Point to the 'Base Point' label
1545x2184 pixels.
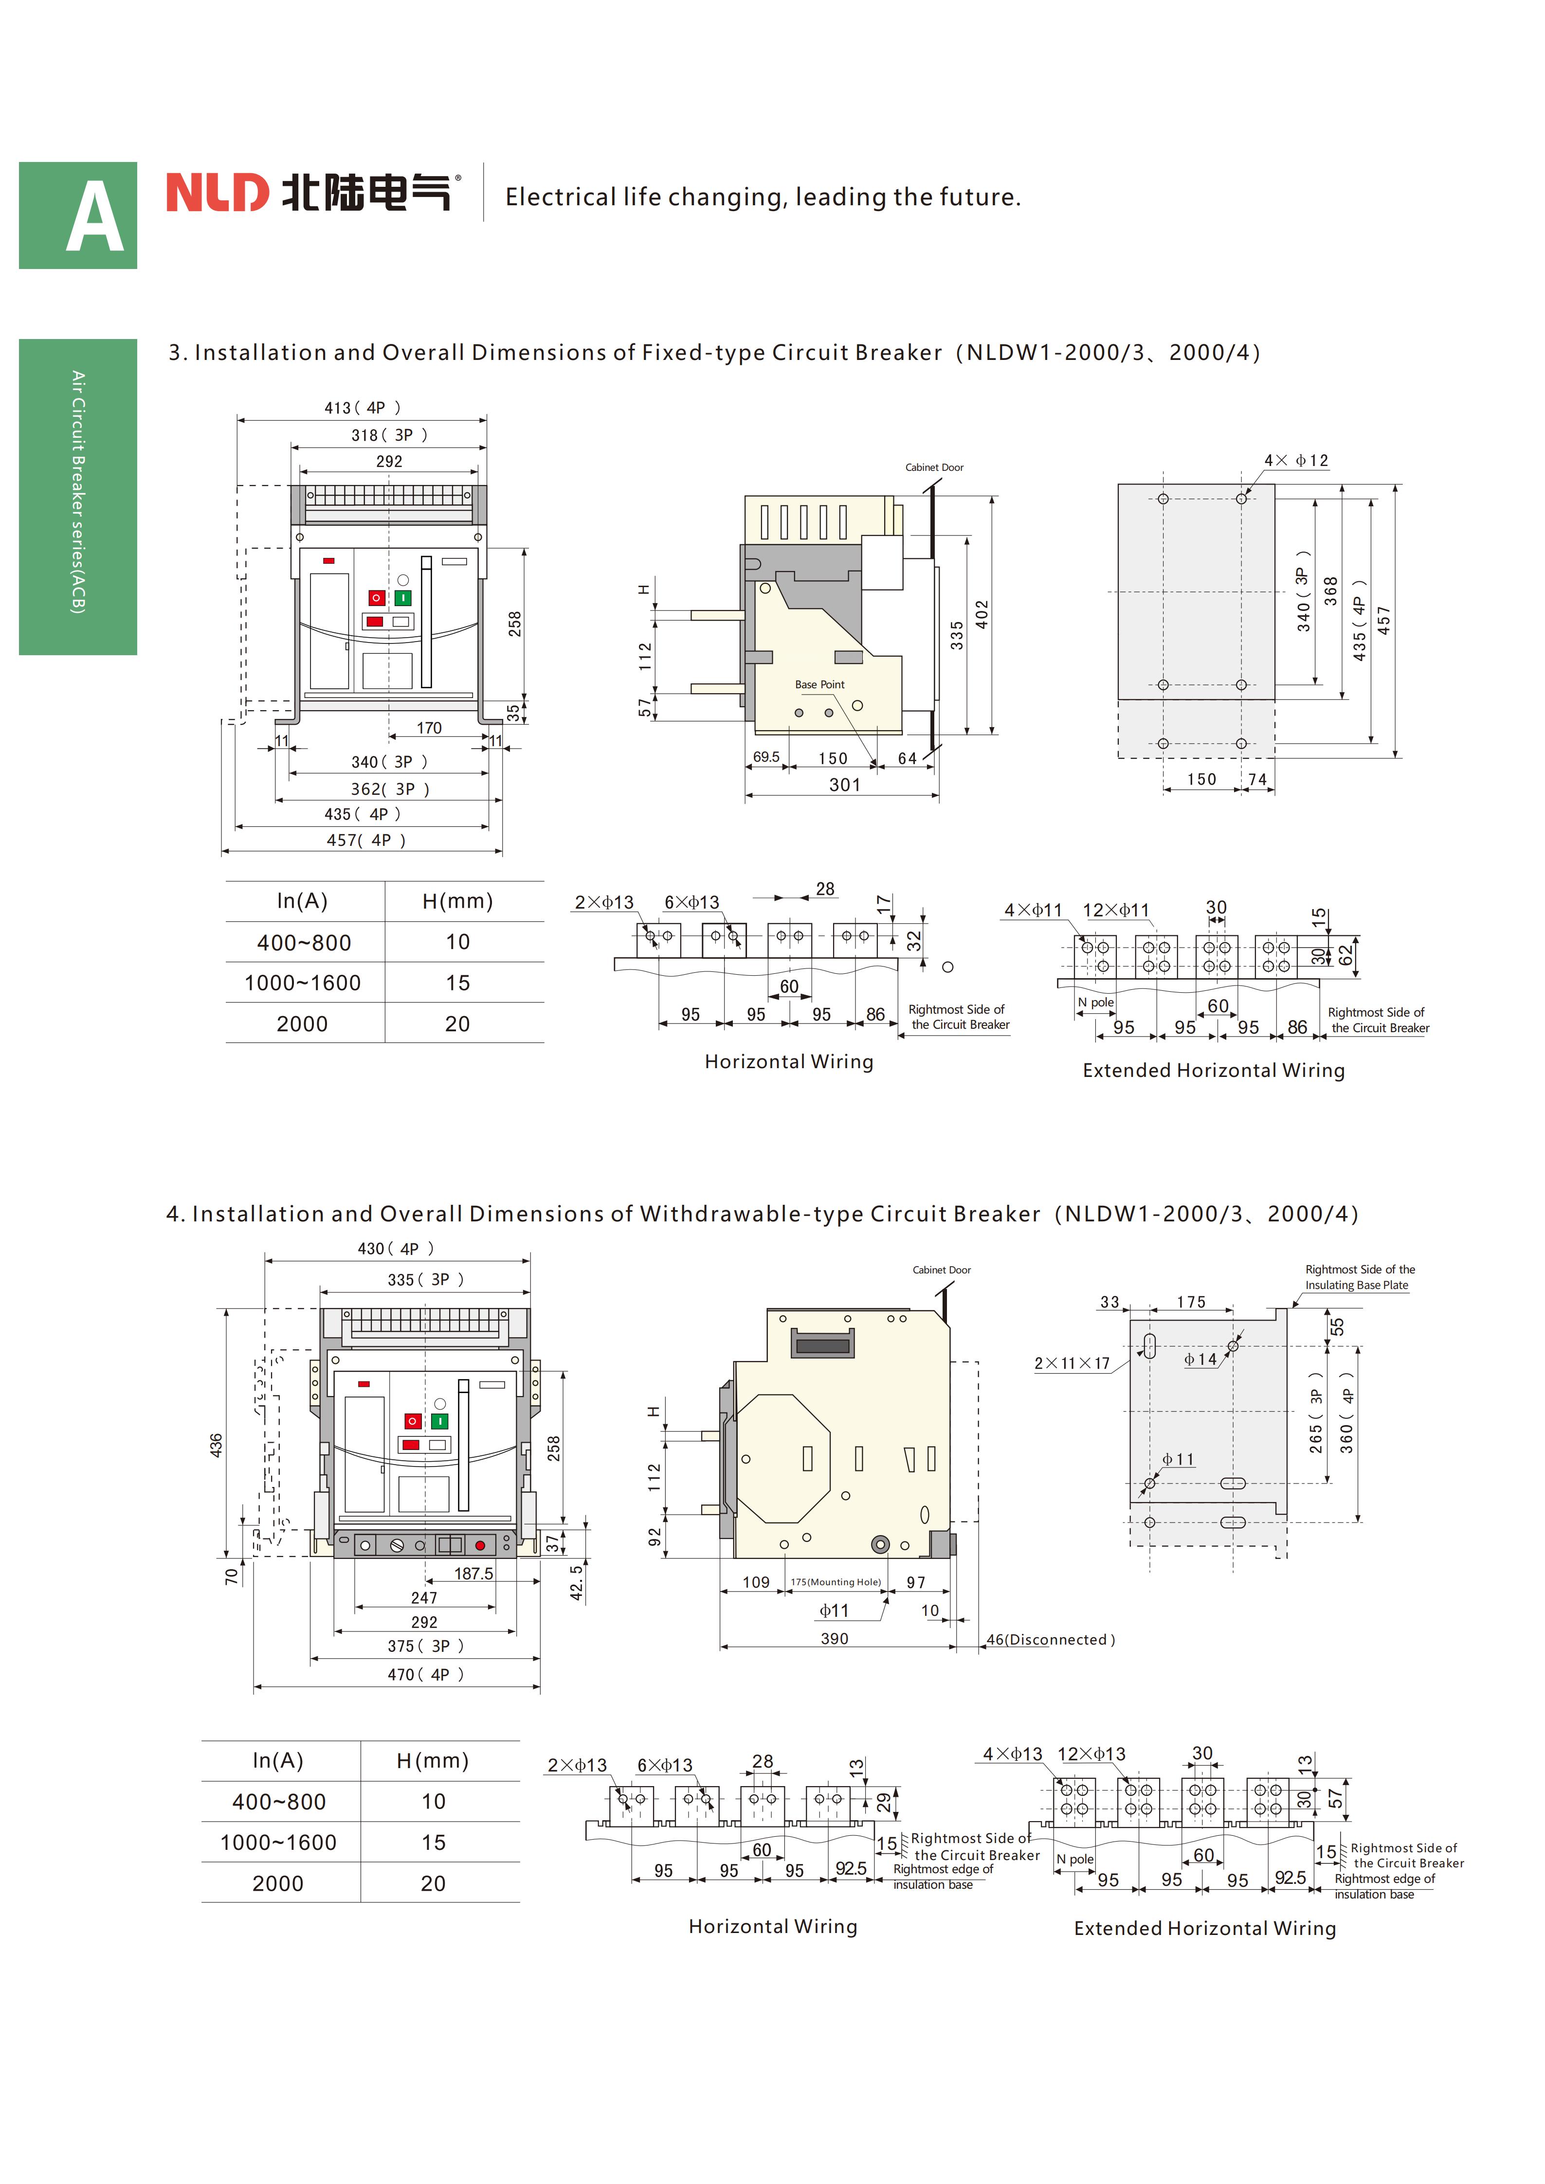tap(819, 684)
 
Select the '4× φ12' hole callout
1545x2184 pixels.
tap(1296, 460)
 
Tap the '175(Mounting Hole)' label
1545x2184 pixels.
tap(836, 1582)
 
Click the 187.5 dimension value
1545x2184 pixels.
tap(473, 1574)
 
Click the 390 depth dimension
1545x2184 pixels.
tap(835, 1638)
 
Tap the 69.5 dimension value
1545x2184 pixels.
tap(766, 757)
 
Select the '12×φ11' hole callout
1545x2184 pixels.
tap(1116, 910)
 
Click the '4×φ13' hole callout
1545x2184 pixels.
tap(1012, 1753)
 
